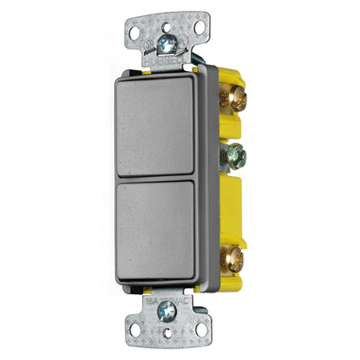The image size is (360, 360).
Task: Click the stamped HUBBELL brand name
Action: (x=173, y=59)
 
